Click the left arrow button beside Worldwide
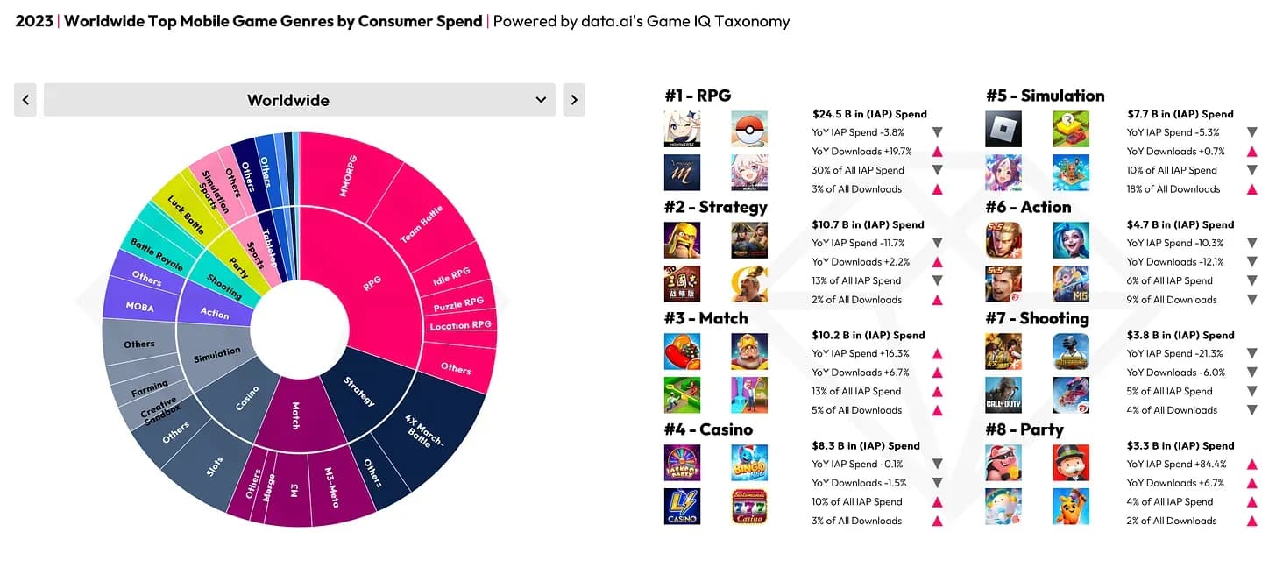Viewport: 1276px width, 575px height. [26, 100]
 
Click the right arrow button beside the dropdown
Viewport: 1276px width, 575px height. [573, 100]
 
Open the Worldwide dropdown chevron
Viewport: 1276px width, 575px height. [541, 100]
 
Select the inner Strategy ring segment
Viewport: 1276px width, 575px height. [359, 391]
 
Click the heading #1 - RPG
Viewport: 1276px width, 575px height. [697, 96]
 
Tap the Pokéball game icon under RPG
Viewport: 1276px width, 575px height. [749, 129]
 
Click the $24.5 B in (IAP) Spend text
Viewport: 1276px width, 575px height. [869, 114]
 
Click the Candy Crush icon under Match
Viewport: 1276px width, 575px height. [682, 351]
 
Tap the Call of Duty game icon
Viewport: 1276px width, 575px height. [1003, 395]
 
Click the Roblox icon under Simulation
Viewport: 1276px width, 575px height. [1003, 129]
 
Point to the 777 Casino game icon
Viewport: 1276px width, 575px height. [749, 507]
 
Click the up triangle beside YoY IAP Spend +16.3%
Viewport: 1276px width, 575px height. [937, 354]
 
